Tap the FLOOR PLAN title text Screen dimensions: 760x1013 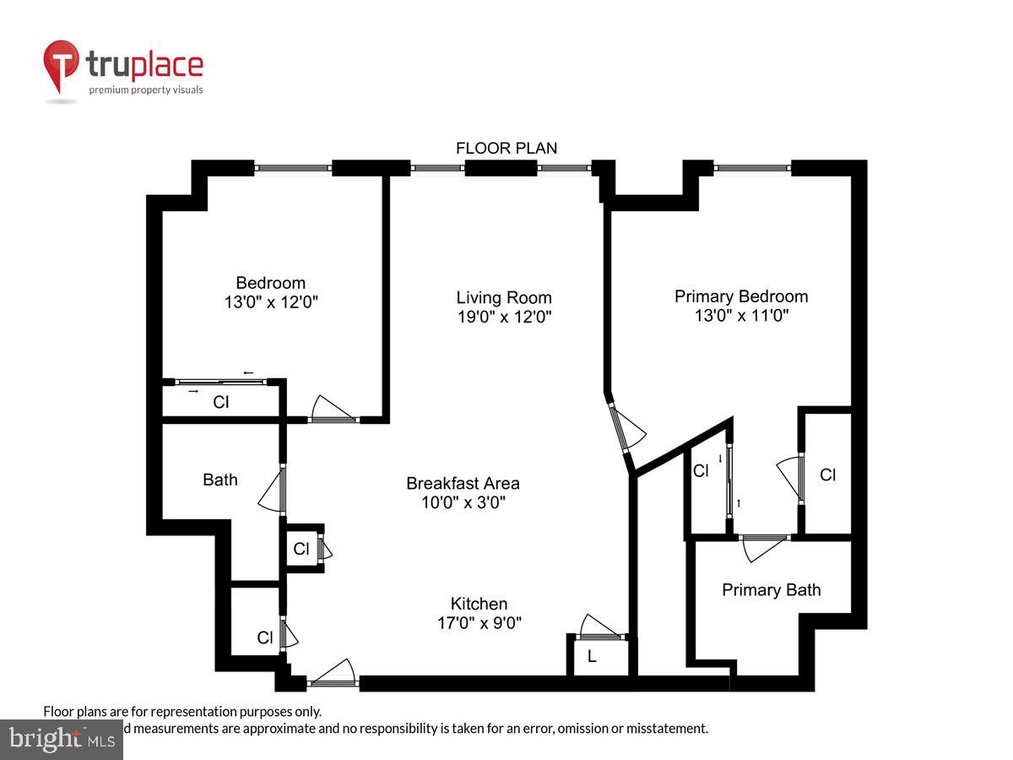click(506, 149)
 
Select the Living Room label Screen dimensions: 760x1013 click(504, 297)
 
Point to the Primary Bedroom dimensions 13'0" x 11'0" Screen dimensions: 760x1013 click(740, 316)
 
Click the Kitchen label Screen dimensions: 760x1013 click(479, 604)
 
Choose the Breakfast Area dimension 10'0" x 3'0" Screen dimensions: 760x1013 click(463, 503)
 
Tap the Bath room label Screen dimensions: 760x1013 click(219, 480)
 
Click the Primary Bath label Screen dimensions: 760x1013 click(771, 589)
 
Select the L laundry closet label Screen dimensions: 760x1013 click(592, 657)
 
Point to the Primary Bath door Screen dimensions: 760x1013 click(763, 546)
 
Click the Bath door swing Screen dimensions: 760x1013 click(274, 490)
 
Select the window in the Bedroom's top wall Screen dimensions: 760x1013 click(293, 168)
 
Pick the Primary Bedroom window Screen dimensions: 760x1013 click(753, 168)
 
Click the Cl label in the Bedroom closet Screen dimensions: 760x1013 click(220, 403)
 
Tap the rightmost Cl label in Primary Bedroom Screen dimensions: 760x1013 click(827, 475)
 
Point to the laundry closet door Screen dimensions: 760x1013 click(601, 629)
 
